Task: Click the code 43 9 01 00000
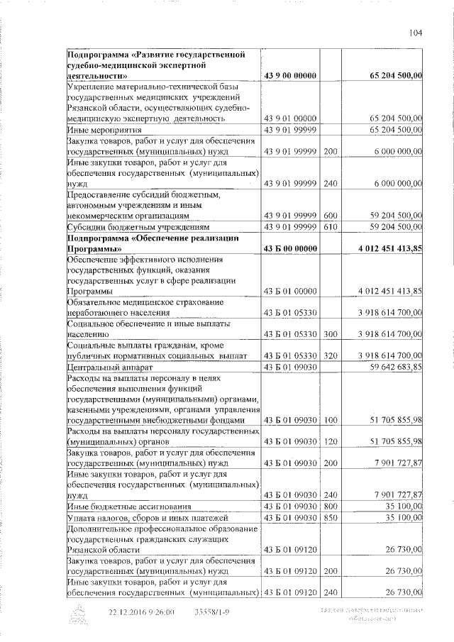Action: (x=289, y=118)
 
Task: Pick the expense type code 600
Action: (x=330, y=214)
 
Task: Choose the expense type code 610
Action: (x=330, y=226)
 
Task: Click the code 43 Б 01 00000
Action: (x=289, y=291)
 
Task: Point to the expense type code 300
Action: (x=330, y=333)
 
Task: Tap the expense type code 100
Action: (x=330, y=421)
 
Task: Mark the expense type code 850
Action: (x=330, y=519)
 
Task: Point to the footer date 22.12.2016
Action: (x=131, y=612)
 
